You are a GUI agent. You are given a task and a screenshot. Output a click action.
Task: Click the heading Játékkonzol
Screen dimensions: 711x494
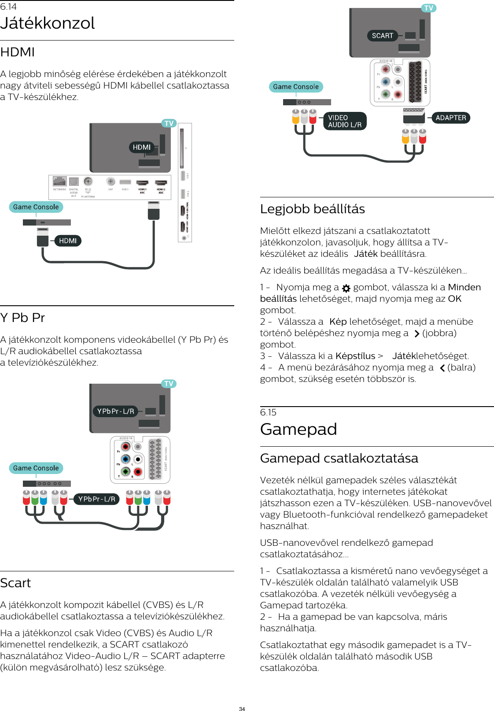point(48,23)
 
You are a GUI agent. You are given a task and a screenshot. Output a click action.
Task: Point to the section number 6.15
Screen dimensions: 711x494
point(268,412)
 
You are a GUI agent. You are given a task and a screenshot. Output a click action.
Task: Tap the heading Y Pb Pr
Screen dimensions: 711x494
point(22,318)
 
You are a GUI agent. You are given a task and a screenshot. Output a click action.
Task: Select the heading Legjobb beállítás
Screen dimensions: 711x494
point(312,209)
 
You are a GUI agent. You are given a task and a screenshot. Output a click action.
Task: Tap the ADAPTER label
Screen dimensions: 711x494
point(450,118)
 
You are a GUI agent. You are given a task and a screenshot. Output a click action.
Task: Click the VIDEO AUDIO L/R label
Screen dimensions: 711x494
point(345,121)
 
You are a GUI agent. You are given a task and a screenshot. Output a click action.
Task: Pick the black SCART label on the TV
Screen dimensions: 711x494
point(382,36)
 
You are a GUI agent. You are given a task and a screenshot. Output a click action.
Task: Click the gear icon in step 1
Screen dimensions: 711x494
point(346,288)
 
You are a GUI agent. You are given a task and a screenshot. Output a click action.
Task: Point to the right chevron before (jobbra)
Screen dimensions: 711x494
point(417,334)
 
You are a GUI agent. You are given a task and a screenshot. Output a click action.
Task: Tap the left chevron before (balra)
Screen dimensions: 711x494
point(442,368)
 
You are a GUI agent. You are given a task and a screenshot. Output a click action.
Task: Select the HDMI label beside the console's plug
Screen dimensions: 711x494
point(68,241)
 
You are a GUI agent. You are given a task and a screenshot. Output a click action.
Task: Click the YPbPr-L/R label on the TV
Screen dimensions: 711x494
point(115,411)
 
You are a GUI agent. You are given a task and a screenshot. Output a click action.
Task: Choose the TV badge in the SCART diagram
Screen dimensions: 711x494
point(428,8)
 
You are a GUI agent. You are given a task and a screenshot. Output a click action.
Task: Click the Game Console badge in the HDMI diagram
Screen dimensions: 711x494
point(36,207)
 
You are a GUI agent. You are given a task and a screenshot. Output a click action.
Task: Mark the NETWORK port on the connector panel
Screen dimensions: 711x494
point(59,181)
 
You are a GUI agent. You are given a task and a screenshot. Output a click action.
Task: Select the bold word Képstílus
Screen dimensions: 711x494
point(355,356)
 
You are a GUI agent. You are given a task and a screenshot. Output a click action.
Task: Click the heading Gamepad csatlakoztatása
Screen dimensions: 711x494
point(339,458)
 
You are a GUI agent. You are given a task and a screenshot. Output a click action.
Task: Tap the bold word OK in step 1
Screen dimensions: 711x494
point(454,299)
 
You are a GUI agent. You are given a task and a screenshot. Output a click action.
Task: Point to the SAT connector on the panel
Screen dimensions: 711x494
point(111,181)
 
